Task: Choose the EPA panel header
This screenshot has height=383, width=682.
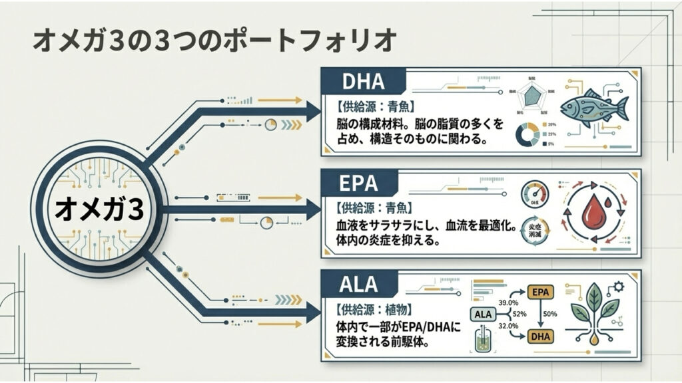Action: pyautogui.click(x=360, y=184)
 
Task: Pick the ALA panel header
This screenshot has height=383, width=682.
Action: pyautogui.click(x=360, y=284)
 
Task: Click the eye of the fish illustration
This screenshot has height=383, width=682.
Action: pyautogui.click(x=574, y=104)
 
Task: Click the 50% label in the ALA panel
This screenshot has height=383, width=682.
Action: pyautogui.click(x=550, y=314)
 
